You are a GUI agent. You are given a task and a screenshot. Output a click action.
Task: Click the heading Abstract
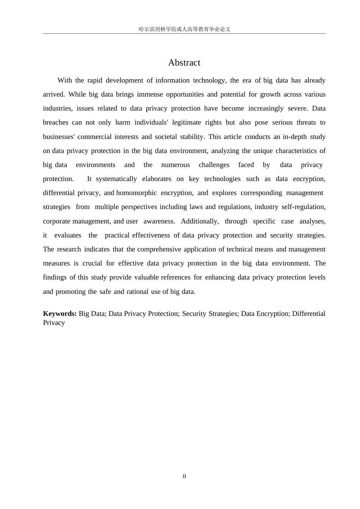click(x=184, y=63)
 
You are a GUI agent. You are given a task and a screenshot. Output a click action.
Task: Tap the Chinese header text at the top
click(x=184, y=29)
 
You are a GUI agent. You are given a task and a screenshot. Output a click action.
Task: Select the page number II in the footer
click(x=184, y=476)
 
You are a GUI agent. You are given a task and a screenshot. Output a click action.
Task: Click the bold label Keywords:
click(x=60, y=314)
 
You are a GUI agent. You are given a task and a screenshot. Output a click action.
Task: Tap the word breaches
click(x=55, y=122)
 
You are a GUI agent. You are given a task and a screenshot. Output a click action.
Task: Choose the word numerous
click(x=175, y=165)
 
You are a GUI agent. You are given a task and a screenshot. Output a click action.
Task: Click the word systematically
click(x=116, y=179)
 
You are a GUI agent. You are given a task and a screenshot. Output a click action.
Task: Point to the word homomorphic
click(x=136, y=193)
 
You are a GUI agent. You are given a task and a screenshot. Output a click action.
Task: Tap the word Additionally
click(x=200, y=221)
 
